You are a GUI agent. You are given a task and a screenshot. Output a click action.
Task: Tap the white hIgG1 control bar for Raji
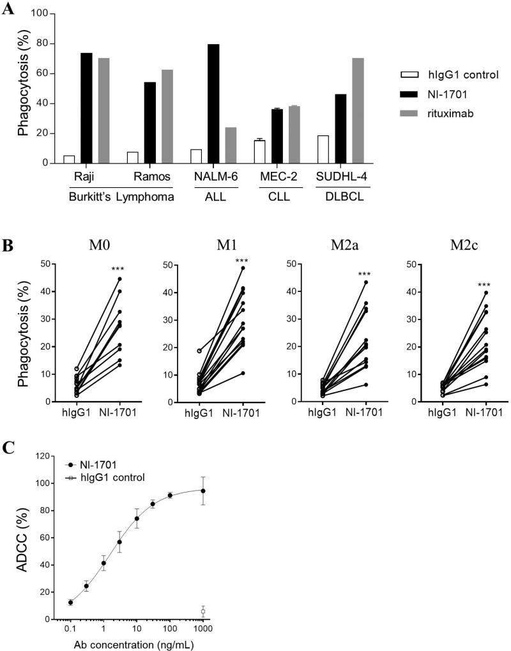[69, 159]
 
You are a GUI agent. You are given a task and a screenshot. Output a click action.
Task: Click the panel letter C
[8, 448]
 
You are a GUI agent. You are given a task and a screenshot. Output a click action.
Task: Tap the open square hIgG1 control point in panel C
[203, 611]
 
